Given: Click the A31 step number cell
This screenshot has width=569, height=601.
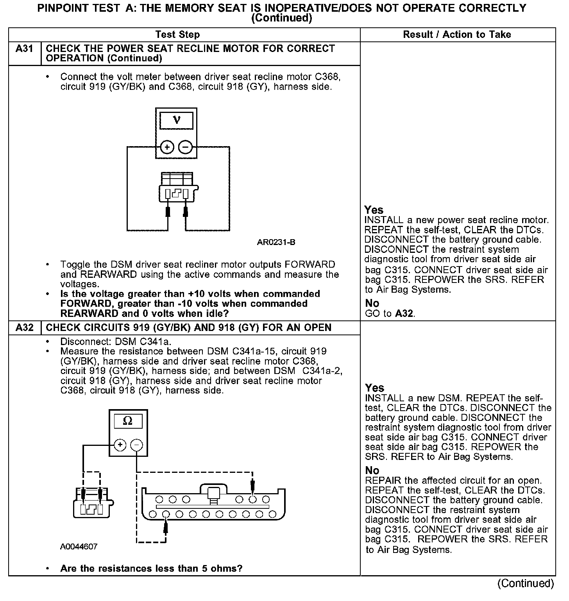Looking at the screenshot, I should (24, 49).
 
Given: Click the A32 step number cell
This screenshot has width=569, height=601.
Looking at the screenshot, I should (24, 327).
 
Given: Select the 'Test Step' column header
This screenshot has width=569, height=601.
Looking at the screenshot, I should (177, 35).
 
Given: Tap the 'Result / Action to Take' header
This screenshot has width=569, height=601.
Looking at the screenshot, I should (457, 35).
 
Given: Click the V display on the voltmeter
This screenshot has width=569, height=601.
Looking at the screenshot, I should (177, 120).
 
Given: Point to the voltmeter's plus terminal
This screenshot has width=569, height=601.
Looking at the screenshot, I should (167, 147).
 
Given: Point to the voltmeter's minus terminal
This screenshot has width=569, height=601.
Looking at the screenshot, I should (185, 147).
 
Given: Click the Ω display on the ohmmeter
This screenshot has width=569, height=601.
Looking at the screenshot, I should (128, 421).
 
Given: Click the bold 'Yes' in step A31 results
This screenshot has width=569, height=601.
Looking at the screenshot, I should (374, 210).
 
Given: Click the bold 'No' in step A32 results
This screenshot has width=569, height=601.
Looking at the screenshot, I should (372, 470).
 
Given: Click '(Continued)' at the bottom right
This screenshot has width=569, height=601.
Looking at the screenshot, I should (526, 583).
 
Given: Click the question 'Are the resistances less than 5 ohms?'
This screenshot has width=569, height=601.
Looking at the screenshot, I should (151, 569).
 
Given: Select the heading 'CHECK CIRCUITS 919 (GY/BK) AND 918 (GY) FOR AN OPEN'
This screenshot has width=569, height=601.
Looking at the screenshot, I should (188, 327).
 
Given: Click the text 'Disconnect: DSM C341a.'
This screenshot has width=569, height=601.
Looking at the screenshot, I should (116, 342).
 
